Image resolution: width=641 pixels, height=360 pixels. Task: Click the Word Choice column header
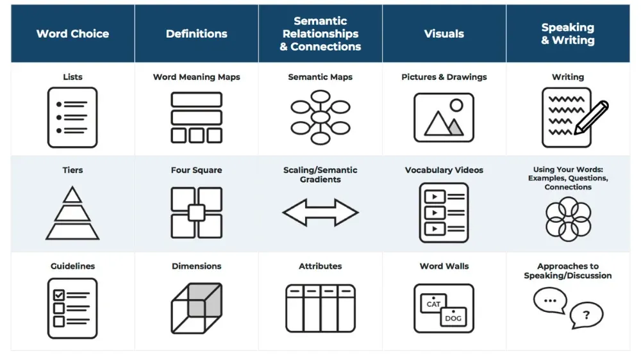pyautogui.click(x=72, y=34)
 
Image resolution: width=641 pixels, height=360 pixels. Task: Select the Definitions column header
pyautogui.click(x=196, y=34)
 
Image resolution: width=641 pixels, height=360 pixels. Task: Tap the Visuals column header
pyautogui.click(x=444, y=34)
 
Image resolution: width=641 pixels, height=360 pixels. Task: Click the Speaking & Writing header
pyautogui.click(x=568, y=34)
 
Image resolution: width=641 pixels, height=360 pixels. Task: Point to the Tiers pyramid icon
pyautogui.click(x=72, y=213)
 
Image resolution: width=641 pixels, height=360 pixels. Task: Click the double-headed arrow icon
pyautogui.click(x=320, y=213)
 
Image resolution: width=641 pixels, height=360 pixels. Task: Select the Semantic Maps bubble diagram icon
pyautogui.click(x=320, y=117)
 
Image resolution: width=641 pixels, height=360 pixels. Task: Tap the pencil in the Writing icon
pyautogui.click(x=591, y=118)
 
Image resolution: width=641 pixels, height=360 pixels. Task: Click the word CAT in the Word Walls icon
pyautogui.click(x=433, y=304)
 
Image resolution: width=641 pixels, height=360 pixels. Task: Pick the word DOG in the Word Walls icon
pyautogui.click(x=453, y=318)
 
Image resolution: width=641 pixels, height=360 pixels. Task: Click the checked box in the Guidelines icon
pyautogui.click(x=59, y=295)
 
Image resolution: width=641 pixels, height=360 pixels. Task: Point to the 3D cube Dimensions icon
pyautogui.click(x=196, y=308)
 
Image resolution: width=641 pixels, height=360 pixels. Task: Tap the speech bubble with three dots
pyautogui.click(x=549, y=300)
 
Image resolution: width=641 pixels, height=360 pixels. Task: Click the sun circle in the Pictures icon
pyautogui.click(x=456, y=105)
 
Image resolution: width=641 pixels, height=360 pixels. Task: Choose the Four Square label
pyautogui.click(x=196, y=170)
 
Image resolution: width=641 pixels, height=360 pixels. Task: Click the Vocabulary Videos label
pyautogui.click(x=444, y=170)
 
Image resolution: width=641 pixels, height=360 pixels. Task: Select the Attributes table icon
pyautogui.click(x=320, y=308)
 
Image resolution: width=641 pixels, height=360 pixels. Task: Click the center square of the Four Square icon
pyautogui.click(x=196, y=213)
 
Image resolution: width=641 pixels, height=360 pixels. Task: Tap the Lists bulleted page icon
pyautogui.click(x=72, y=117)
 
